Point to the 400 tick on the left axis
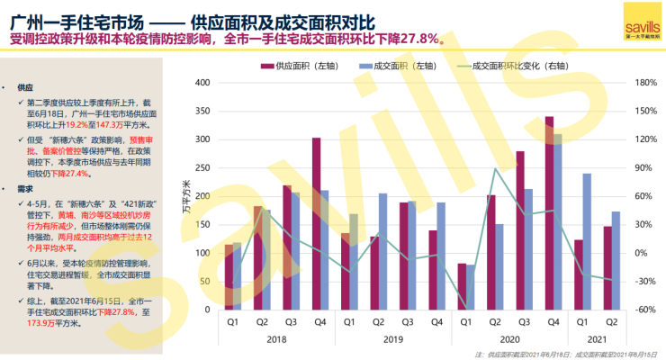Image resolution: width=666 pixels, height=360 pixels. [202, 83]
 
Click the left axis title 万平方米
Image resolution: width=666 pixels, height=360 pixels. [186, 197]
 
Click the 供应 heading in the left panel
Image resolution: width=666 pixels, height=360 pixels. [24, 87]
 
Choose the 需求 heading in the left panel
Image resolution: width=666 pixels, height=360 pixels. [24, 190]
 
